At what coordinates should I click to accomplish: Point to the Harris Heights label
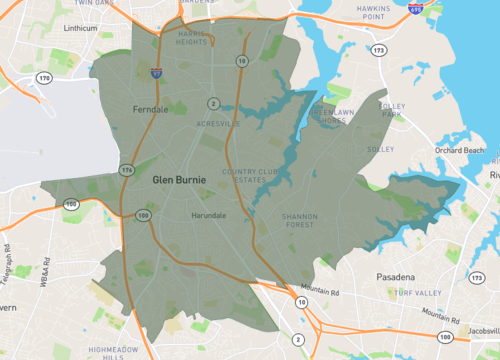coord(191,37)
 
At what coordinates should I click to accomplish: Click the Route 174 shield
coord(127,171)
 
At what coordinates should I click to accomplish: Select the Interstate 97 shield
coord(157,73)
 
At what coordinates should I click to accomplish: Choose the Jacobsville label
coord(480,327)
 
